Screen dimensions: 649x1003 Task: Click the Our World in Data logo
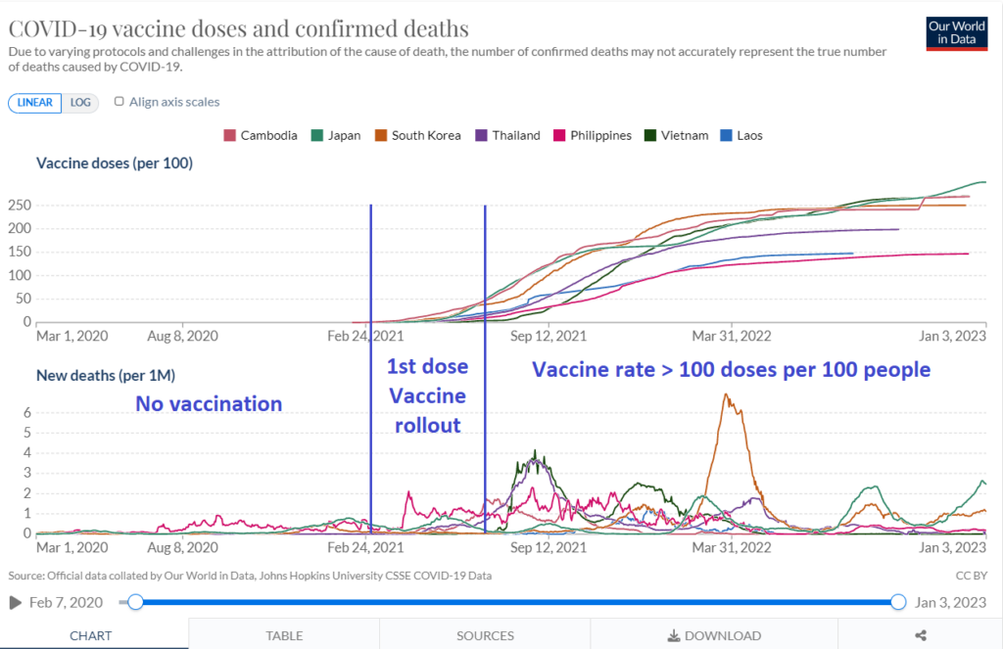(955, 33)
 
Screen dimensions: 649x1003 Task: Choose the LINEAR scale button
(36, 103)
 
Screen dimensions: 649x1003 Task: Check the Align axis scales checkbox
(119, 102)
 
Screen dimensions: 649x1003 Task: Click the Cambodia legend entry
(261, 135)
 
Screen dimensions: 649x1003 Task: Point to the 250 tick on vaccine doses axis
(21, 205)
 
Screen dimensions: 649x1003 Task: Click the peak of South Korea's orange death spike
(725, 394)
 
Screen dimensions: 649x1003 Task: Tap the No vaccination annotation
(208, 403)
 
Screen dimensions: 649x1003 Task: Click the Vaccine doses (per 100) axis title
(115, 163)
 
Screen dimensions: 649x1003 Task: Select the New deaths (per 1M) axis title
(106, 374)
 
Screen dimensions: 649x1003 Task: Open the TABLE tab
(284, 635)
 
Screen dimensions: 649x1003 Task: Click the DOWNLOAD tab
(713, 635)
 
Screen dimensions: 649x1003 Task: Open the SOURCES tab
(485, 635)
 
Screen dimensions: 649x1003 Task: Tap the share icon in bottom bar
(920, 635)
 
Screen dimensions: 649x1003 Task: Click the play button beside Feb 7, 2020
(16, 602)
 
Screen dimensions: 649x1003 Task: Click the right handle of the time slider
(898, 602)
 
